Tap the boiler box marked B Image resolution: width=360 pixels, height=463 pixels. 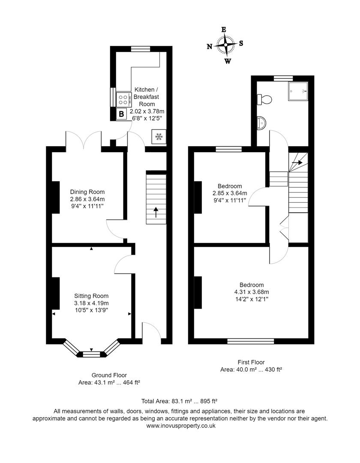click(x=122, y=114)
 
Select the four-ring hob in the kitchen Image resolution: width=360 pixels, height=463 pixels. click(x=123, y=99)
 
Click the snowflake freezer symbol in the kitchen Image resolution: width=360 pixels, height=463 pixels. click(x=159, y=137)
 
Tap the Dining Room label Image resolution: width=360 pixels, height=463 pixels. click(x=87, y=192)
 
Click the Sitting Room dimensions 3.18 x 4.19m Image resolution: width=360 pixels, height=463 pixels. click(x=91, y=303)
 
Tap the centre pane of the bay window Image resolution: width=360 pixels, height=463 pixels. click(x=91, y=354)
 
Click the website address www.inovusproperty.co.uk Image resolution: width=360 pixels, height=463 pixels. click(x=180, y=426)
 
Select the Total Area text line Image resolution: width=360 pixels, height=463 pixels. click(x=179, y=401)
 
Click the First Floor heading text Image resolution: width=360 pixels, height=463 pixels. click(x=251, y=362)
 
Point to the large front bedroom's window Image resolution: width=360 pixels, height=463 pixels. click(x=251, y=341)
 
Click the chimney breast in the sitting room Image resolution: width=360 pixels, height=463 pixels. click(x=55, y=293)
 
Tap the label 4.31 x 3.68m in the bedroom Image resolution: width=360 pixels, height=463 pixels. click(x=252, y=292)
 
